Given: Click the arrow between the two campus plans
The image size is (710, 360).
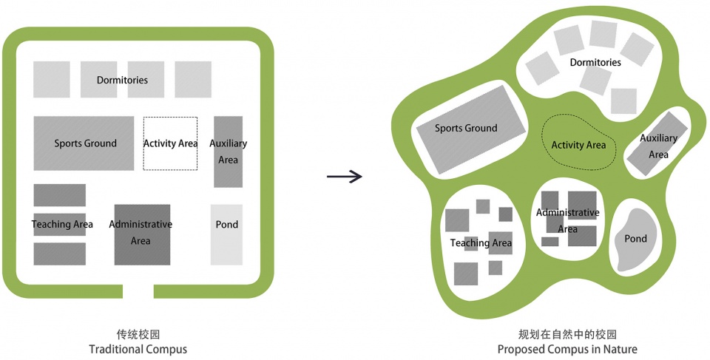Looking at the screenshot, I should (x=345, y=176).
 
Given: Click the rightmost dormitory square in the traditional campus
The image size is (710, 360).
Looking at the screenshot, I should (x=193, y=79).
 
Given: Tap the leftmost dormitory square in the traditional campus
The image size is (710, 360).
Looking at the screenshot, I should (x=52, y=79).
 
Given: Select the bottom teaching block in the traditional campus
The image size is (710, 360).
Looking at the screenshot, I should (x=59, y=254).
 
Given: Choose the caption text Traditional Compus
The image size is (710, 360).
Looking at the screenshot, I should (x=138, y=349).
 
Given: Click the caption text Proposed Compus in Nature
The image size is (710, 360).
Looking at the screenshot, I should (x=567, y=349).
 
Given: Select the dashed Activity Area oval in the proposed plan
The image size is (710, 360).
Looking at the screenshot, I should (x=579, y=144).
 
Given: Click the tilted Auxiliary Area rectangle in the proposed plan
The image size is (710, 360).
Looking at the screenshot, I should (x=657, y=144).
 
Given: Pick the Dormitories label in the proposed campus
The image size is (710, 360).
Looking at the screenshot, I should (x=595, y=63).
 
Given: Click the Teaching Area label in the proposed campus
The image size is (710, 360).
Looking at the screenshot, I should (x=481, y=242).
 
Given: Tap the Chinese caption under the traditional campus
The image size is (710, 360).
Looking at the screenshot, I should (x=138, y=334).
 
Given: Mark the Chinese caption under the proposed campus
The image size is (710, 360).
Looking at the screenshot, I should (x=567, y=334).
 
